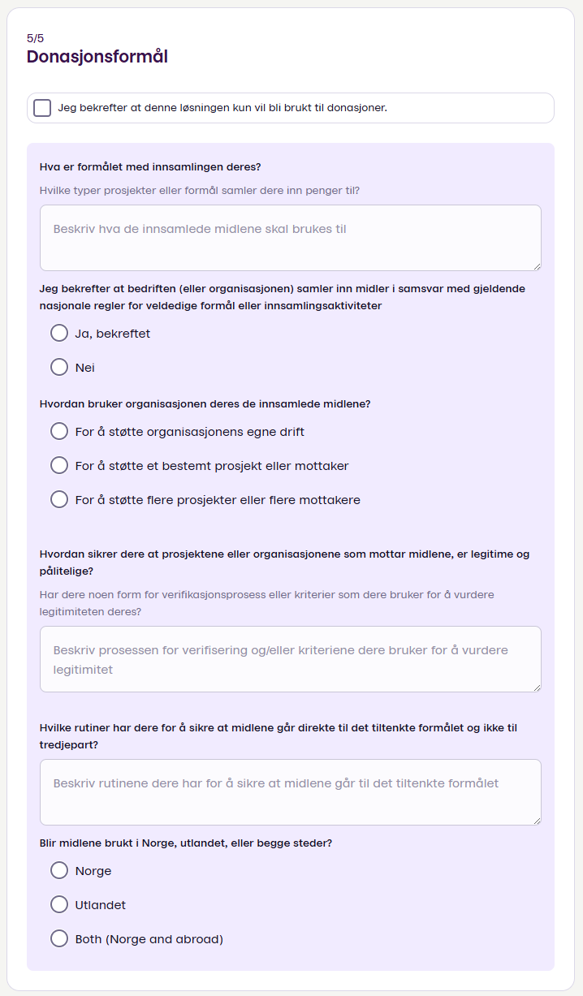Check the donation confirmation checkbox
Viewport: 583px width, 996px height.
click(x=42, y=108)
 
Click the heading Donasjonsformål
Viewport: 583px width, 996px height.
click(x=97, y=57)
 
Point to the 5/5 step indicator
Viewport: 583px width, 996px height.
click(x=35, y=38)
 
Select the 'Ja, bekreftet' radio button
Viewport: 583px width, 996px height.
click(x=59, y=334)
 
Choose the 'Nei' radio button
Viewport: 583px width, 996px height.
click(x=59, y=368)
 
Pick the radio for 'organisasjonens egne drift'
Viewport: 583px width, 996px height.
click(x=59, y=432)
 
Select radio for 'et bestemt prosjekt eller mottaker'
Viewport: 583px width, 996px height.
click(x=59, y=466)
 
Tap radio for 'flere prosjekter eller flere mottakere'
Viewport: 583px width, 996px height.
click(x=59, y=500)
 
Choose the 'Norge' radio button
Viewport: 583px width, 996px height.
click(x=59, y=871)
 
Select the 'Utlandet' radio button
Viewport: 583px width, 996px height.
click(x=59, y=905)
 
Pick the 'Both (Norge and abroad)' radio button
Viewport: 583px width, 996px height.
click(x=59, y=939)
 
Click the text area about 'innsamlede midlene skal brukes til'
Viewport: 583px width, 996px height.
click(x=290, y=237)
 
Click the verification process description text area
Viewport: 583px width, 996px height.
click(x=290, y=658)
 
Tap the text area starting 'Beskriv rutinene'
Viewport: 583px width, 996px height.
click(x=290, y=791)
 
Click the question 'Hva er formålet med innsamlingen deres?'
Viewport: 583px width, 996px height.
click(x=150, y=167)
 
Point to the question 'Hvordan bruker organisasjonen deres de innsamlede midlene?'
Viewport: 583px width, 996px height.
click(x=205, y=403)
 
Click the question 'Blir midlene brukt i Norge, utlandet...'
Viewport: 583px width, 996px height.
click(x=186, y=843)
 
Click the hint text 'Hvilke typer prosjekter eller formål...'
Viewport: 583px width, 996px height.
click(x=200, y=191)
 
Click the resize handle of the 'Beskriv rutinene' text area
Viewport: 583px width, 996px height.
click(x=537, y=821)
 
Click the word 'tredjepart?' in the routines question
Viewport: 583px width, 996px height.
click(x=69, y=744)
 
